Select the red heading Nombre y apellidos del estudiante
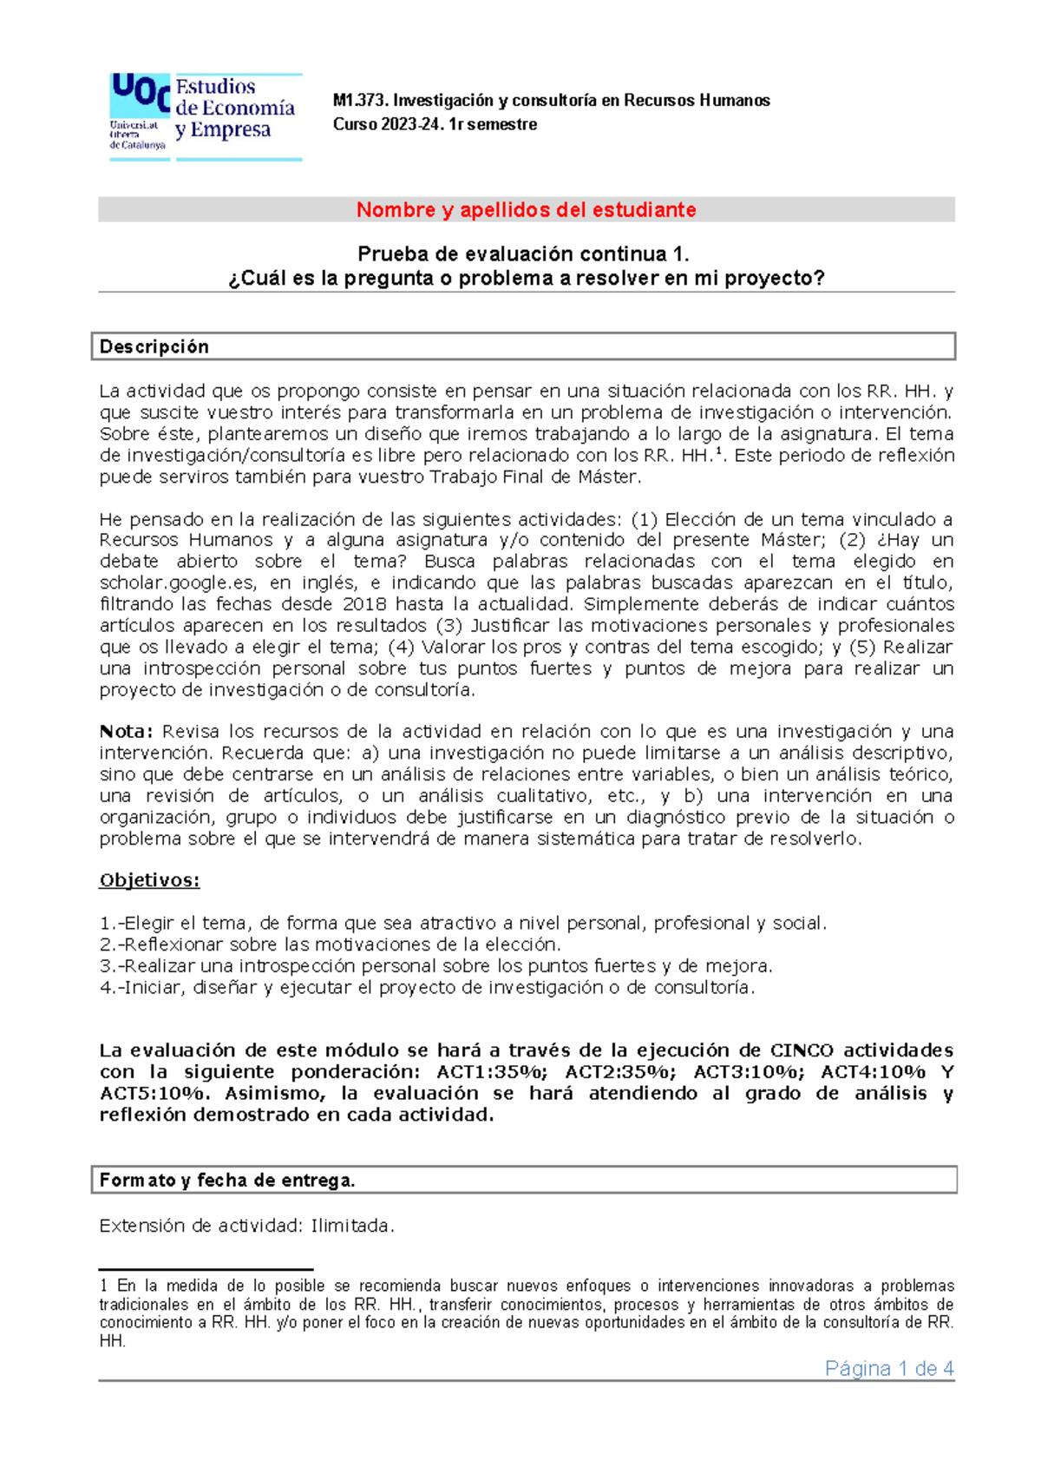pyautogui.click(x=526, y=210)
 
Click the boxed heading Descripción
pyautogui.click(x=154, y=347)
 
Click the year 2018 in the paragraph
pyautogui.click(x=364, y=604)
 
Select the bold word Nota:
pyautogui.click(x=126, y=732)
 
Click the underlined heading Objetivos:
pyautogui.click(x=149, y=880)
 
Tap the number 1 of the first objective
pyautogui.click(x=105, y=924)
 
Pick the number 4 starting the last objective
pyautogui.click(x=105, y=988)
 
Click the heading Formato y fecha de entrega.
pyautogui.click(x=227, y=1181)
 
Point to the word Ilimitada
pyautogui.click(x=352, y=1227)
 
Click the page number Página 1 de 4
pyautogui.click(x=889, y=1369)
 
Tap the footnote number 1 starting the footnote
pyautogui.click(x=103, y=1286)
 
